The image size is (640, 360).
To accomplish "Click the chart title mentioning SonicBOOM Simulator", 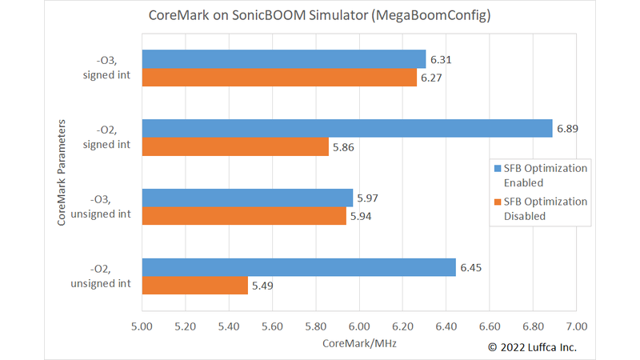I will tap(320, 16).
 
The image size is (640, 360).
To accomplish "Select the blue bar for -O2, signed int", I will tap(347, 128).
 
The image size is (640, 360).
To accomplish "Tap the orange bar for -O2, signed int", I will tap(235, 146).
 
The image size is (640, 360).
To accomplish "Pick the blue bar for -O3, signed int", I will tap(284, 59).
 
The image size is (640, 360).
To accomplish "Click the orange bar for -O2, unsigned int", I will tap(194, 286).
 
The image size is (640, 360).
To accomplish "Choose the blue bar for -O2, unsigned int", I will tap(299, 267).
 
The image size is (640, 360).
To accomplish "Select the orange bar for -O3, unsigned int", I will tap(244, 216).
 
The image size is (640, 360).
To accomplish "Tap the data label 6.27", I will tap(432, 78).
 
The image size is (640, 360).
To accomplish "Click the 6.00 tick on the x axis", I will tap(359, 326).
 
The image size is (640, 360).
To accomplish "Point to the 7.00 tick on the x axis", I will tap(576, 326).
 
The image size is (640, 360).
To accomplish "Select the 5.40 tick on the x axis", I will tap(229, 326).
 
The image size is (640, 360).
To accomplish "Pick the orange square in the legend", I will tap(497, 202).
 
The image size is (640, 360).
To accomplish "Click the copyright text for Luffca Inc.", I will tap(532, 347).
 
